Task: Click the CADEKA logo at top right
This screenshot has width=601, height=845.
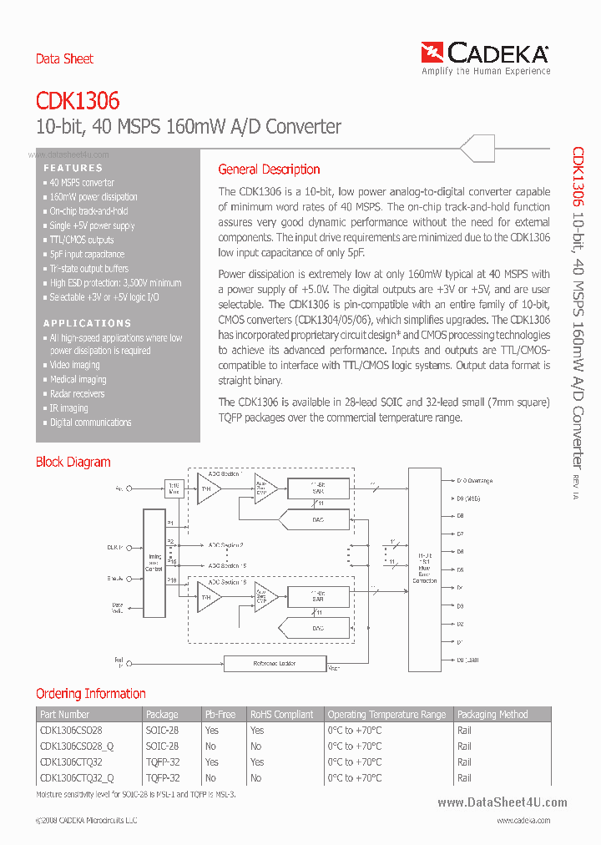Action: (485, 58)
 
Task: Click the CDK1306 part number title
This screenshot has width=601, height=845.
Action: (78, 101)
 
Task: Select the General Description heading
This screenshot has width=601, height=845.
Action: (269, 170)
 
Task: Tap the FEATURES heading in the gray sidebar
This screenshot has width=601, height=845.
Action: (73, 168)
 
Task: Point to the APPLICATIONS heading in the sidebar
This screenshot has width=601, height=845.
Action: (87, 323)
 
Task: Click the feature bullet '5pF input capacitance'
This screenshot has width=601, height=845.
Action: (87, 255)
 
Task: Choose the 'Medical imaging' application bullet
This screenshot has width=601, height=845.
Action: (78, 380)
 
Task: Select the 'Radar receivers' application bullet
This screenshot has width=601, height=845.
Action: (77, 394)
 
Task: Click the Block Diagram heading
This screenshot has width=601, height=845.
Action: (73, 463)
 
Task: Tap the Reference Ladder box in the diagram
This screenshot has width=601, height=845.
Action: (275, 663)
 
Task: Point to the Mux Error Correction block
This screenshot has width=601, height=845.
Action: (425, 569)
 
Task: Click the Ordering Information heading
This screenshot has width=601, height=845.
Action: (90, 694)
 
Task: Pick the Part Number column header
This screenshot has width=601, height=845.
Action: (64, 715)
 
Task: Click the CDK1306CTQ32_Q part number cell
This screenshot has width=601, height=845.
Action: (77, 778)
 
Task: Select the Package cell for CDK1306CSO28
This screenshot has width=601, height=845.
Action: (162, 730)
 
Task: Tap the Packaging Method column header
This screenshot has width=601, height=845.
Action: (492, 715)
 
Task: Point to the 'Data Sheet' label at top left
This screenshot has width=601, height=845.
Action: (64, 58)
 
